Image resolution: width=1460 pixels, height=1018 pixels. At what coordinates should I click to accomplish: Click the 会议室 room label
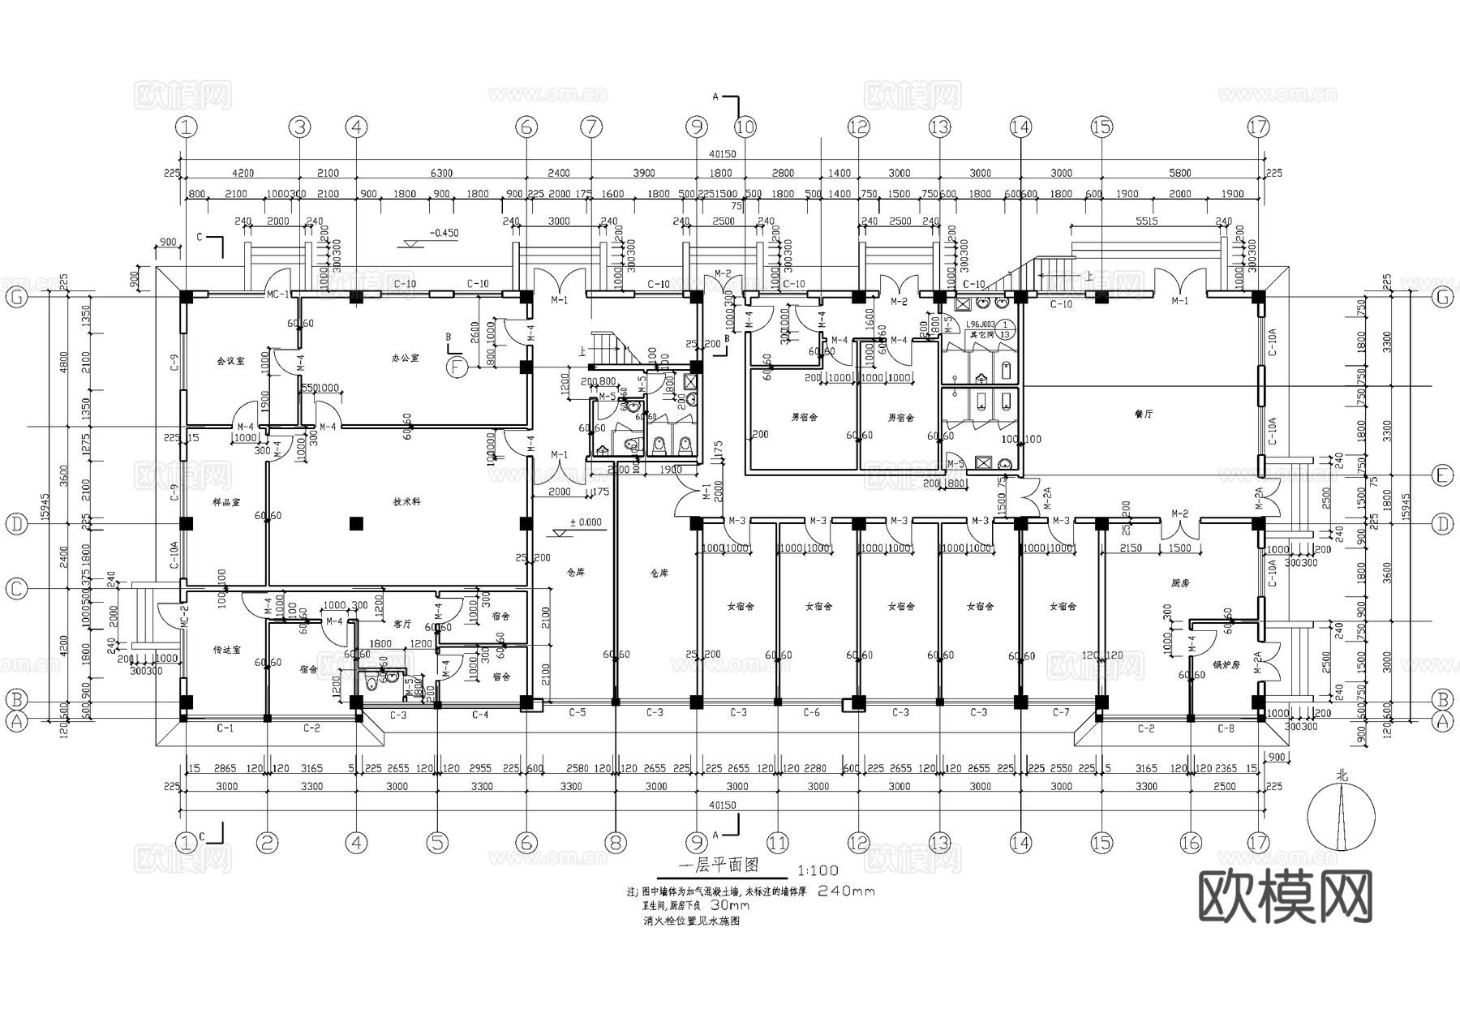tap(230, 360)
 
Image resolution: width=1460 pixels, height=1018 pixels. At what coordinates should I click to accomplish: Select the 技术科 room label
tap(407, 502)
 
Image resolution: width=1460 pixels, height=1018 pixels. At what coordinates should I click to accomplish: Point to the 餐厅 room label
tap(1144, 414)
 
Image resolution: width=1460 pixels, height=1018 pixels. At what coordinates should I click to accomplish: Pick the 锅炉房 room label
tap(1227, 664)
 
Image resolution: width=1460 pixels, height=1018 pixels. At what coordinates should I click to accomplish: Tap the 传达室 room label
tap(227, 650)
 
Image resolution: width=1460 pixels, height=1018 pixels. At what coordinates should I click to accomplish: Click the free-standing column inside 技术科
tap(355, 524)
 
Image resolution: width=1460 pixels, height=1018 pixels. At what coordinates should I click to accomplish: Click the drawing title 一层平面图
tap(722, 866)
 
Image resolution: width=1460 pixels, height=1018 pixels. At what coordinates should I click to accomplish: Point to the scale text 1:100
tap(818, 870)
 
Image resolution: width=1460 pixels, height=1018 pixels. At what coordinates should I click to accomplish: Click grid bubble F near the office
tap(458, 367)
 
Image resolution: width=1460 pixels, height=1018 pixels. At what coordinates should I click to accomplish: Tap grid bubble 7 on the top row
tap(591, 127)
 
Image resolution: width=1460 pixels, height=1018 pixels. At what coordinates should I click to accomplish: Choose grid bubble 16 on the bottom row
tap(1190, 844)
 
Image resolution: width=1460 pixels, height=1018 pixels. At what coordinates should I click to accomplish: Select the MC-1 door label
tap(278, 294)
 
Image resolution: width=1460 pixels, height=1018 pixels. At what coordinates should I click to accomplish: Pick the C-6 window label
tap(811, 712)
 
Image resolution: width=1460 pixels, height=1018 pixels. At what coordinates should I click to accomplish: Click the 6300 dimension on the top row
tap(440, 173)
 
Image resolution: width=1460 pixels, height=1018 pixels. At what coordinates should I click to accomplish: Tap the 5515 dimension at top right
tap(1146, 221)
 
